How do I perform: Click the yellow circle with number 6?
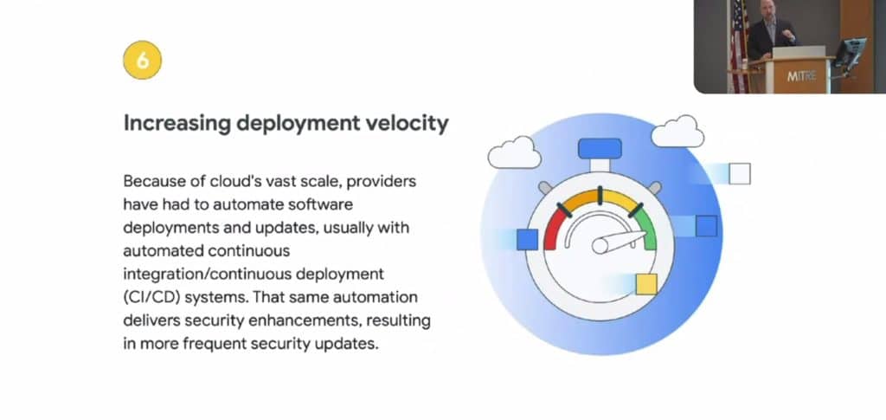click(x=143, y=61)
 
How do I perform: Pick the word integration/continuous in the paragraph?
click(x=207, y=274)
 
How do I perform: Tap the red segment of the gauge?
click(x=554, y=229)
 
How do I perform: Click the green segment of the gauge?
click(x=648, y=229)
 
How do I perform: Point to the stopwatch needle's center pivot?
click(x=600, y=246)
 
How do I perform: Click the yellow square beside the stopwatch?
click(x=646, y=284)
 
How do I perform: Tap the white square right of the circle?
click(x=740, y=173)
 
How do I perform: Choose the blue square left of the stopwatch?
click(x=527, y=240)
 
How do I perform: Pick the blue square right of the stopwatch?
click(x=706, y=226)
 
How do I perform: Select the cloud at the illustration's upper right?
click(x=677, y=131)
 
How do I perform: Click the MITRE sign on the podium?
click(x=799, y=75)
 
